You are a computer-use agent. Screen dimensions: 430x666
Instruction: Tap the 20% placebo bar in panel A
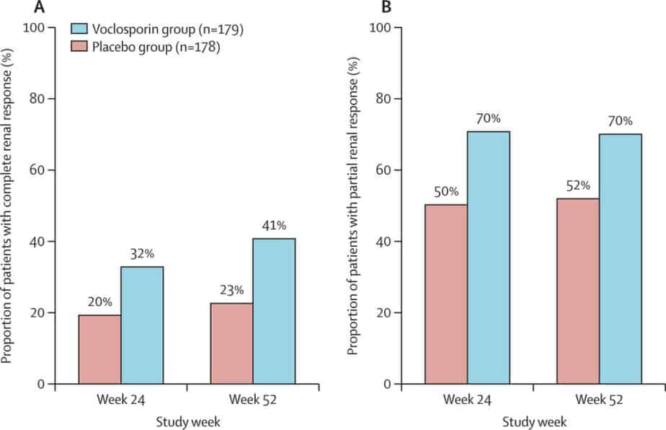[x=99, y=349]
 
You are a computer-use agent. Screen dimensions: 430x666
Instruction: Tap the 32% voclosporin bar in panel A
[x=142, y=325]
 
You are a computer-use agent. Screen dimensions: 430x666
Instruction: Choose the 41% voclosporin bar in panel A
[x=273, y=311]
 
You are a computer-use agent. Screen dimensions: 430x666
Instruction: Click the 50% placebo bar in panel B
[x=446, y=294]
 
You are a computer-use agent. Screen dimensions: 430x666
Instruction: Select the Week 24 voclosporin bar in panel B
[x=489, y=258]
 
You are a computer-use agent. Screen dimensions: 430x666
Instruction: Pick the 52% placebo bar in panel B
[x=577, y=291]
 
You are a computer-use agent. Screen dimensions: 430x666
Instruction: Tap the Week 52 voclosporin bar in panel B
[x=620, y=259]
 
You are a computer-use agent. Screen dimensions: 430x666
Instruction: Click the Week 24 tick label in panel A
[x=121, y=400]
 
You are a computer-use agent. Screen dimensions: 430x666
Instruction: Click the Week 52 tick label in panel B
[x=599, y=400]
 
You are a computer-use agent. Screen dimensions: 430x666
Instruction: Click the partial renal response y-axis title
[x=353, y=206]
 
